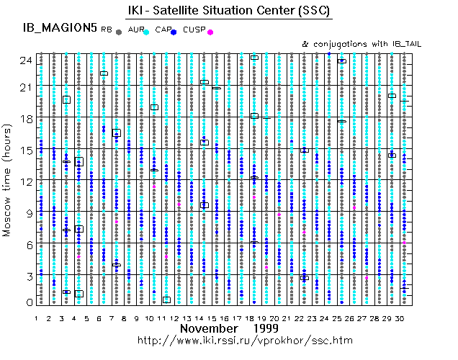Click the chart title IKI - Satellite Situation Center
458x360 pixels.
click(229, 10)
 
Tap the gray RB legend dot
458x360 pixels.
click(118, 32)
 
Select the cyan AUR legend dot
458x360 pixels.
click(146, 32)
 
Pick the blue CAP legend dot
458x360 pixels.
click(176, 32)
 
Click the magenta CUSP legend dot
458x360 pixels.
click(210, 32)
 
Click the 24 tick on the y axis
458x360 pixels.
click(25, 60)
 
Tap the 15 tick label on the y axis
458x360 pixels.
click(25, 150)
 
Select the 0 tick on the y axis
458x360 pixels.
click(28, 302)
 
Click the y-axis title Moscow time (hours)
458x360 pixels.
click(9, 181)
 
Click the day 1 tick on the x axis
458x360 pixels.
click(37, 318)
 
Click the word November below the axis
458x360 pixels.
click(209, 328)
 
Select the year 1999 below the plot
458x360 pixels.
click(266, 328)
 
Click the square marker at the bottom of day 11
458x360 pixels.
click(166, 300)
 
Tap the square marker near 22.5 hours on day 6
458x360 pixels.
click(104, 73)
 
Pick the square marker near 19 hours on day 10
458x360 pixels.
click(154, 107)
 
